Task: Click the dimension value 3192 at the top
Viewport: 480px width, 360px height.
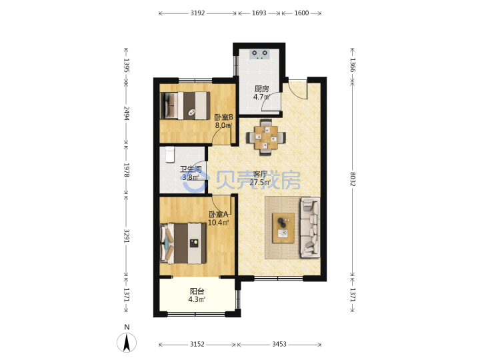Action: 197,13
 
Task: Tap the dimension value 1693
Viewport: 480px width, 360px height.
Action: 259,13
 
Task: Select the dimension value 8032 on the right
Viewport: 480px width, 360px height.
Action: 353,179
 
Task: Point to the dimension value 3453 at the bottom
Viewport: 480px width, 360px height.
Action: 279,344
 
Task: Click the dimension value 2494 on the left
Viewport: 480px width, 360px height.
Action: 127,113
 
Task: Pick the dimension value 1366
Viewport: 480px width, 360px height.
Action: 353,65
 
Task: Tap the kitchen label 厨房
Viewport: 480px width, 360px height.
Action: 262,89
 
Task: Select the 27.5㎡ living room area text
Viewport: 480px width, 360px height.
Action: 260,183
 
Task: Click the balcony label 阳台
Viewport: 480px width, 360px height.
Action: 197,291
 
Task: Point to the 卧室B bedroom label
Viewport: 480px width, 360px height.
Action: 223,117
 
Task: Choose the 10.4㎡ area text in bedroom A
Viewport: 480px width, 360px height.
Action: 218,223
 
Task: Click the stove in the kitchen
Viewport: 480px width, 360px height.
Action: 259,54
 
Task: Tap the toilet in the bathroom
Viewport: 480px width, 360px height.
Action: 169,155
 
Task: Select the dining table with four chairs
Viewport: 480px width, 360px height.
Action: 266,137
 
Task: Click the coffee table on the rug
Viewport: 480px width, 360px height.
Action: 283,228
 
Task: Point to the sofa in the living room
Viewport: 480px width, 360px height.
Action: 310,228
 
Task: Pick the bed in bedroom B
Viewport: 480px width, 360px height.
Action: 185,105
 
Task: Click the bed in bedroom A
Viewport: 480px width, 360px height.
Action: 183,243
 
